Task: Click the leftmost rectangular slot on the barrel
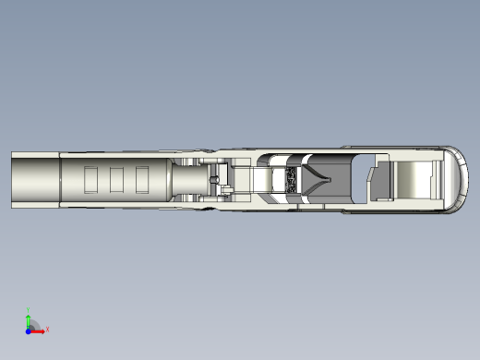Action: click(x=90, y=179)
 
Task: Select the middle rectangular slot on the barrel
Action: click(x=117, y=179)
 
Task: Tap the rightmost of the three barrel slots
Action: click(x=142, y=179)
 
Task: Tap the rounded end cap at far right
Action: click(x=457, y=179)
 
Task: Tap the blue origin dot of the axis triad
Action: click(x=28, y=329)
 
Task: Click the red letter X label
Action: click(x=47, y=329)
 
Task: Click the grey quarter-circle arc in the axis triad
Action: click(x=35, y=323)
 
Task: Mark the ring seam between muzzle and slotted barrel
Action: click(x=60, y=179)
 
